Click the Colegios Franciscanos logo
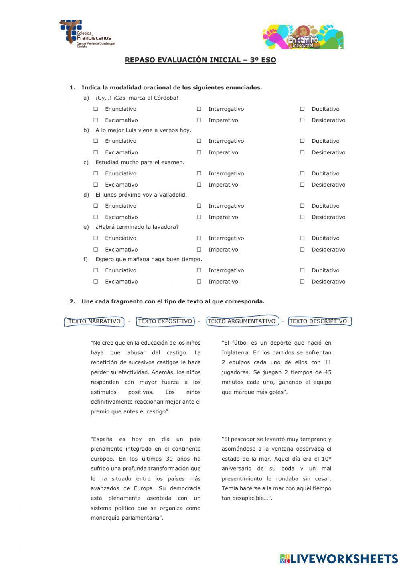coord(86,34)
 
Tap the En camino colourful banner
coord(303,37)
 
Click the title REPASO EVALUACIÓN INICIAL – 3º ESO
coord(200,60)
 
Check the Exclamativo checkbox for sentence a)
coord(96,120)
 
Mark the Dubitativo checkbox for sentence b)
coord(302,141)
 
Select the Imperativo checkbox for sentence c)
coord(199,185)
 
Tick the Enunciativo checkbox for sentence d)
coord(96,206)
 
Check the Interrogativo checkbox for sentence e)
coord(199,238)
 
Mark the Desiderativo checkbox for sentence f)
coord(302,282)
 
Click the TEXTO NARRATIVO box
coord(95,321)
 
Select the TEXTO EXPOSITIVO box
coord(165,321)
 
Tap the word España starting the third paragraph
coord(102,439)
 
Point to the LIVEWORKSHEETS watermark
coord(339,559)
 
